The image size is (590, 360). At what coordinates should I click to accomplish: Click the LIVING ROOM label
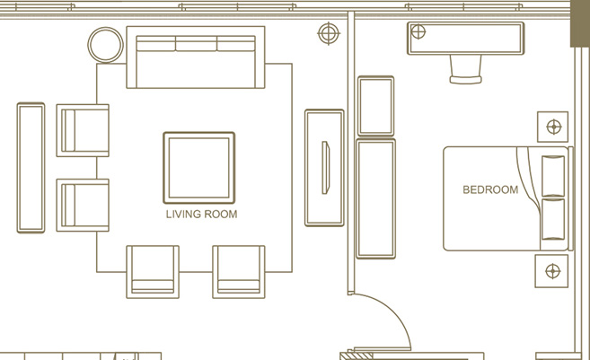click(x=202, y=214)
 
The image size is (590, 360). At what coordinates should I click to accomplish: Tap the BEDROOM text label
click(x=490, y=189)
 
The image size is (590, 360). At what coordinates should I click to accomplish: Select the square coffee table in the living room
click(x=199, y=168)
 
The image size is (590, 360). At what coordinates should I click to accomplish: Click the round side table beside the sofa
click(x=105, y=45)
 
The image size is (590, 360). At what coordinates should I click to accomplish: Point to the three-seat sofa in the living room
click(x=196, y=57)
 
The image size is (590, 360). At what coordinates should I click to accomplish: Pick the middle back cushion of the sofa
click(x=196, y=43)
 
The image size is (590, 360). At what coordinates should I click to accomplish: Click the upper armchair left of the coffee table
click(x=83, y=130)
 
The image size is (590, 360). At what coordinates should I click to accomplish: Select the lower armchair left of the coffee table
click(x=83, y=205)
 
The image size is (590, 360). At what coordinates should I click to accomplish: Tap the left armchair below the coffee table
click(x=153, y=272)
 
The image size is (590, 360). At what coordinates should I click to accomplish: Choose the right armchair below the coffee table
click(x=239, y=272)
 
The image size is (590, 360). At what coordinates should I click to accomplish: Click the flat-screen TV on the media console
click(x=325, y=168)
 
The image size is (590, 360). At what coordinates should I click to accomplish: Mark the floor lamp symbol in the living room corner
click(x=329, y=33)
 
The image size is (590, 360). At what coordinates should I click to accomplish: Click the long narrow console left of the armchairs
click(x=31, y=168)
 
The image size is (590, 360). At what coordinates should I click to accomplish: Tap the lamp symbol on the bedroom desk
click(x=418, y=31)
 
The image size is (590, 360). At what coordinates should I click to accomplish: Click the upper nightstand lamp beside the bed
click(x=554, y=127)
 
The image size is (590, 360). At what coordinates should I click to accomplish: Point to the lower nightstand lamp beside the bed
click(x=552, y=271)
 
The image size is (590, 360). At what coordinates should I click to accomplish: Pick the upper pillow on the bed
click(x=553, y=176)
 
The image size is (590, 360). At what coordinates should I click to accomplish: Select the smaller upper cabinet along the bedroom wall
click(x=376, y=106)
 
